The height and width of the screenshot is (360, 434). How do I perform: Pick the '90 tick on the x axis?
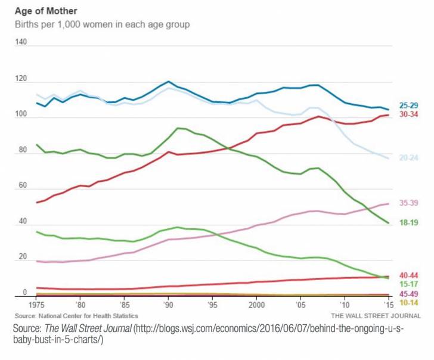(x=168, y=304)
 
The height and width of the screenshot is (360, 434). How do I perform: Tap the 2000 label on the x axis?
(x=256, y=304)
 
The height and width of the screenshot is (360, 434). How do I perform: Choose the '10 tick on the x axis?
(x=345, y=304)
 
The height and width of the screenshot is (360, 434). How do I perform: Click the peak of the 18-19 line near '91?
(x=178, y=128)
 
